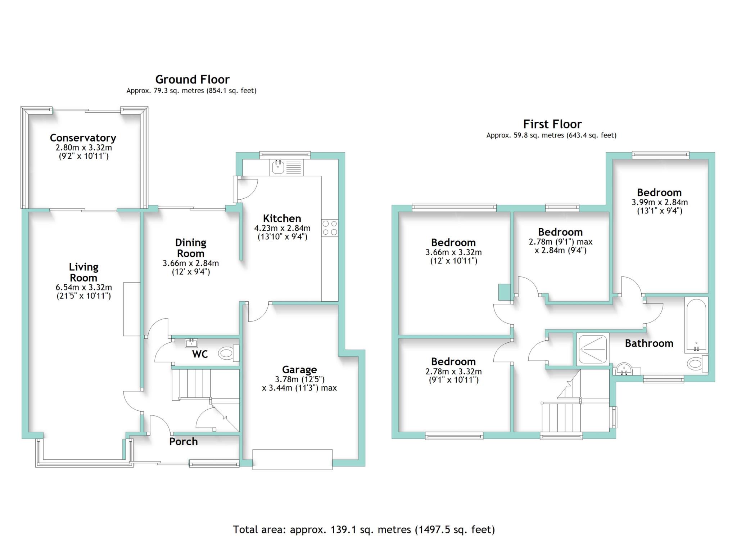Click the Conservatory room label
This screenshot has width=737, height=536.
pyautogui.click(x=83, y=138)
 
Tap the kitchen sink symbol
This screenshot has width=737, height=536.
pyautogui.click(x=278, y=167)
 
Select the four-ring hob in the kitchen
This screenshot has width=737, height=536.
pyautogui.click(x=330, y=228)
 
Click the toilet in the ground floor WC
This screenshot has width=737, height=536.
pyautogui.click(x=227, y=353)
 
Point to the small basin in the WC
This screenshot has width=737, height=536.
pyautogui.click(x=191, y=343)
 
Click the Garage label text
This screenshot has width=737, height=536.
pyautogui.click(x=299, y=370)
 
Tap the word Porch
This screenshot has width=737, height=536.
pyautogui.click(x=184, y=442)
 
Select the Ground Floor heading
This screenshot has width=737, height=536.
pyautogui.click(x=192, y=79)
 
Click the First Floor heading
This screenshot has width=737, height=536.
pyautogui.click(x=552, y=124)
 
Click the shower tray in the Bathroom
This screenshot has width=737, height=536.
pyautogui.click(x=592, y=349)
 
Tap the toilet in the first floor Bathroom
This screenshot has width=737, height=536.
pyautogui.click(x=696, y=363)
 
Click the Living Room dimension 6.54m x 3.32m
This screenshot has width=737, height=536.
pyautogui.click(x=83, y=288)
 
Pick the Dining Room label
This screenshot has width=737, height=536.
pyautogui.click(x=191, y=248)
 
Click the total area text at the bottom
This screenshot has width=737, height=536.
pyautogui.click(x=364, y=530)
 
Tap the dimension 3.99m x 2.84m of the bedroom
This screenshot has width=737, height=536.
pyautogui.click(x=659, y=202)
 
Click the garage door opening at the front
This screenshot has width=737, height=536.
pyautogui.click(x=292, y=459)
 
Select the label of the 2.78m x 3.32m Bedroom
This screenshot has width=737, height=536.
pyautogui.click(x=453, y=361)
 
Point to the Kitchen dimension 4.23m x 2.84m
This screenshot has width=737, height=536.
pyautogui.click(x=282, y=228)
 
